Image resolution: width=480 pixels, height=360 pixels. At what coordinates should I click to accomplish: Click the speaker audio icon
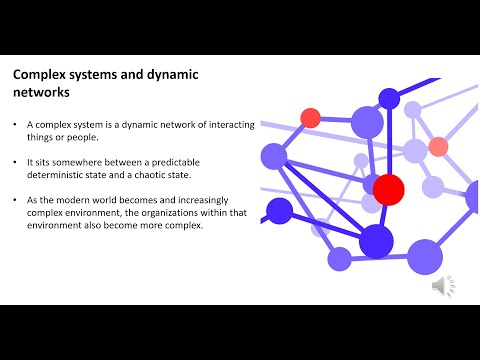pos(440,286)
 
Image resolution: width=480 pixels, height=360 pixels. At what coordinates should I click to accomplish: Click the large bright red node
pos(388,188)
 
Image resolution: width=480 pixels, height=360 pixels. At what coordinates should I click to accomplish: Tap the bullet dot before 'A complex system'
pos(16,124)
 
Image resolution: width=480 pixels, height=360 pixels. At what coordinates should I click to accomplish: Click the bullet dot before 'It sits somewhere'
pos(16,160)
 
